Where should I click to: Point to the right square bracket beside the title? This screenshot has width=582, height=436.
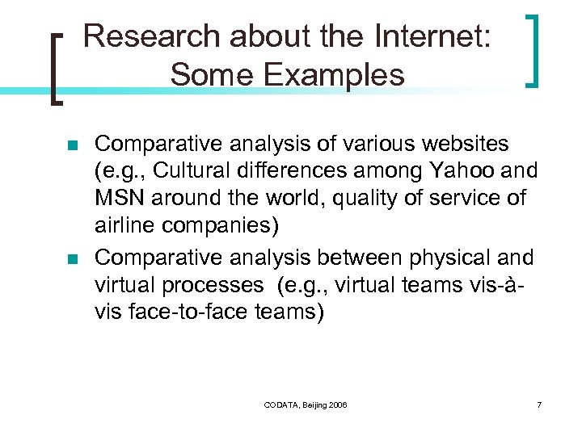pyautogui.click(x=532, y=50)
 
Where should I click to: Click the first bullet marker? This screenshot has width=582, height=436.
pyautogui.click(x=72, y=146)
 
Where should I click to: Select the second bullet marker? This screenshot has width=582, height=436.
pyautogui.click(x=72, y=259)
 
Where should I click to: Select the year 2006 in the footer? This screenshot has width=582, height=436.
pyautogui.click(x=338, y=405)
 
